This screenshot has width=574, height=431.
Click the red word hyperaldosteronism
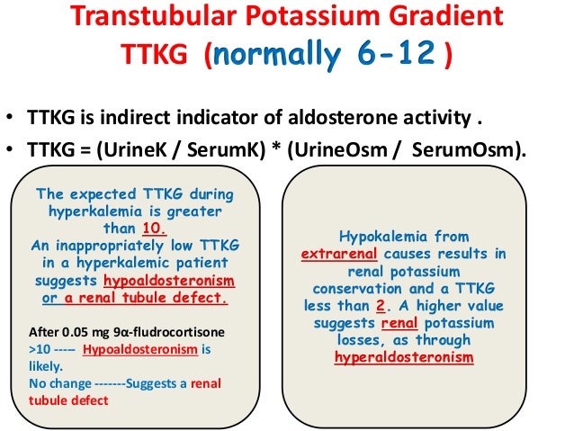click(x=403, y=357)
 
